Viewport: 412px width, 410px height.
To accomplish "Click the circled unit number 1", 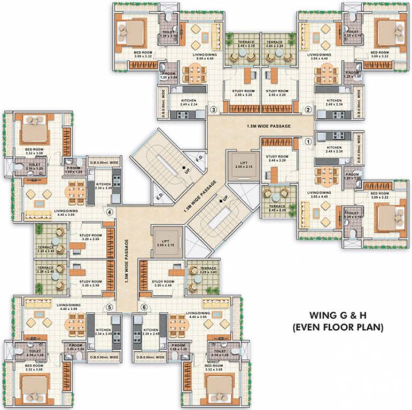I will click(308, 142).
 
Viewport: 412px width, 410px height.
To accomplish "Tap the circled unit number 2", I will click(308, 111).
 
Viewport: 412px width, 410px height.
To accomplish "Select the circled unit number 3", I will click(213, 111).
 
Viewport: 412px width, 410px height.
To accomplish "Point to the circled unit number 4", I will click(110, 211).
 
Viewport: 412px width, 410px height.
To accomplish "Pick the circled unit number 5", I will click(110, 307).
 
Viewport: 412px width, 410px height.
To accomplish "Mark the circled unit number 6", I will click(144, 307).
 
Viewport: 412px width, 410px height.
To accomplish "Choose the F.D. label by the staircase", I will click(199, 158).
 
